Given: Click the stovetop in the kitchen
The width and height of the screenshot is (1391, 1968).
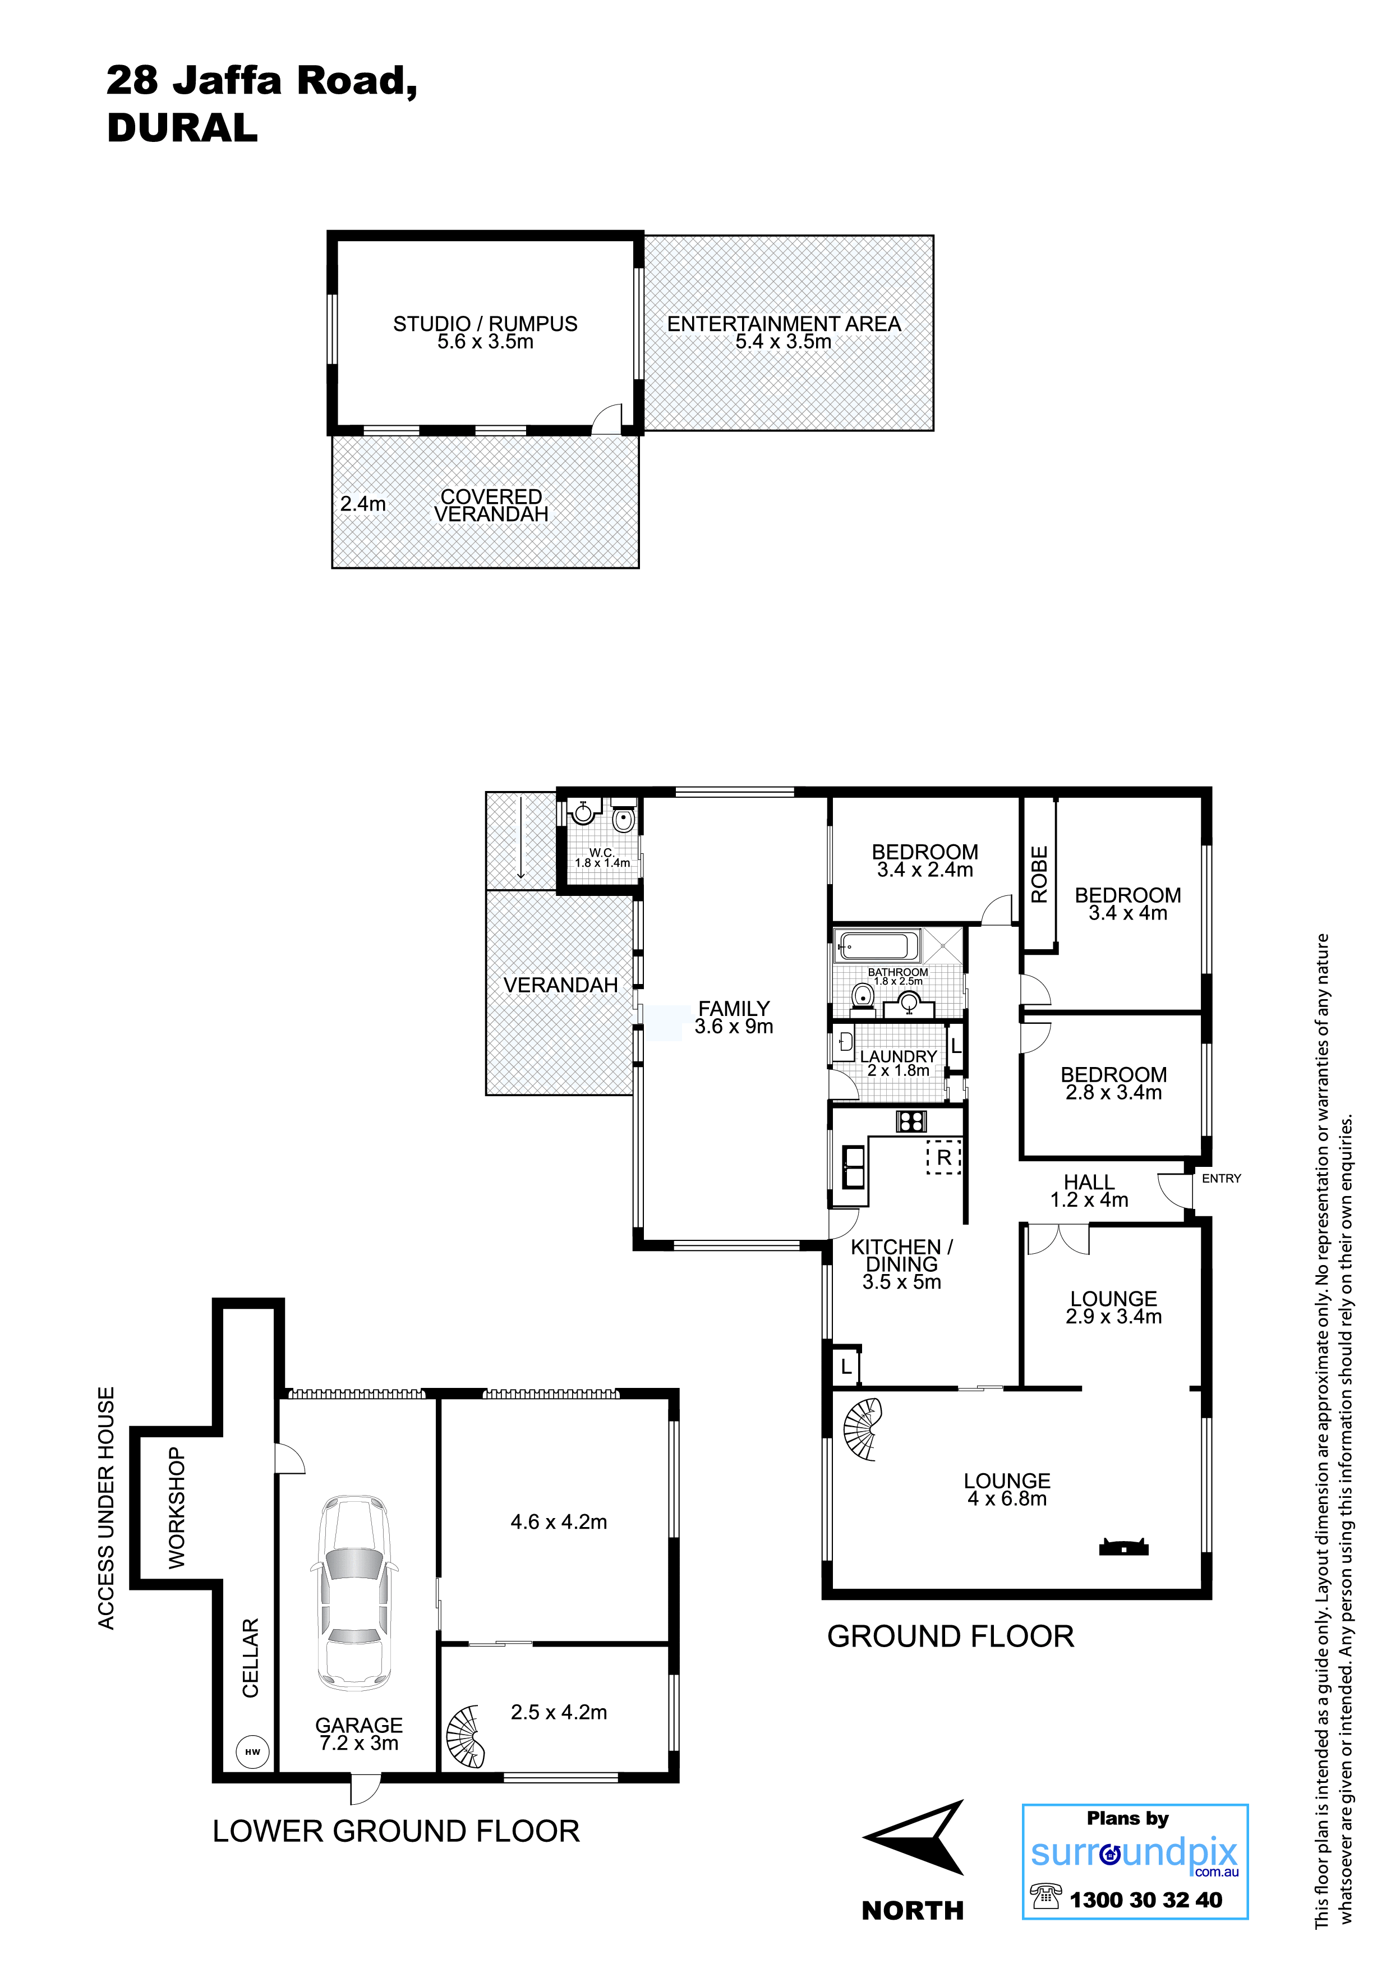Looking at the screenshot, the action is (x=911, y=1120).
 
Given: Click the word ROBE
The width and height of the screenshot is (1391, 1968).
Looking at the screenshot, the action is (x=1039, y=874).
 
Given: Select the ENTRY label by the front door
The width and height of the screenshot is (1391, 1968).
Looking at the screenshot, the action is (x=1221, y=1179).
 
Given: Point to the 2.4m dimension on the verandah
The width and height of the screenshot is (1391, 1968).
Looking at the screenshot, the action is (x=362, y=504).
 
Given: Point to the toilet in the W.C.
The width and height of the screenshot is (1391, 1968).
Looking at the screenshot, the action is (x=623, y=819).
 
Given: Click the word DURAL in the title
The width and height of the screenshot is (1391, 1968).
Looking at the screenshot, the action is (x=182, y=128).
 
